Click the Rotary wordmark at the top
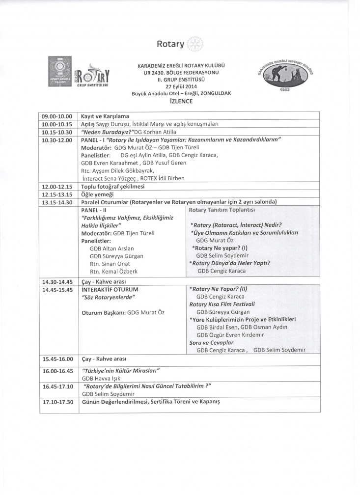[170, 44]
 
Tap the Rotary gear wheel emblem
[194, 44]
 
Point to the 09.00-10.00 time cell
[57, 116]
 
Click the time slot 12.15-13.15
[57, 194]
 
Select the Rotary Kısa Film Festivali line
[219, 304]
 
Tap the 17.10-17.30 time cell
[57, 401]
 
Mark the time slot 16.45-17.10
[57, 386]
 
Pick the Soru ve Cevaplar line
[211, 342]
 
